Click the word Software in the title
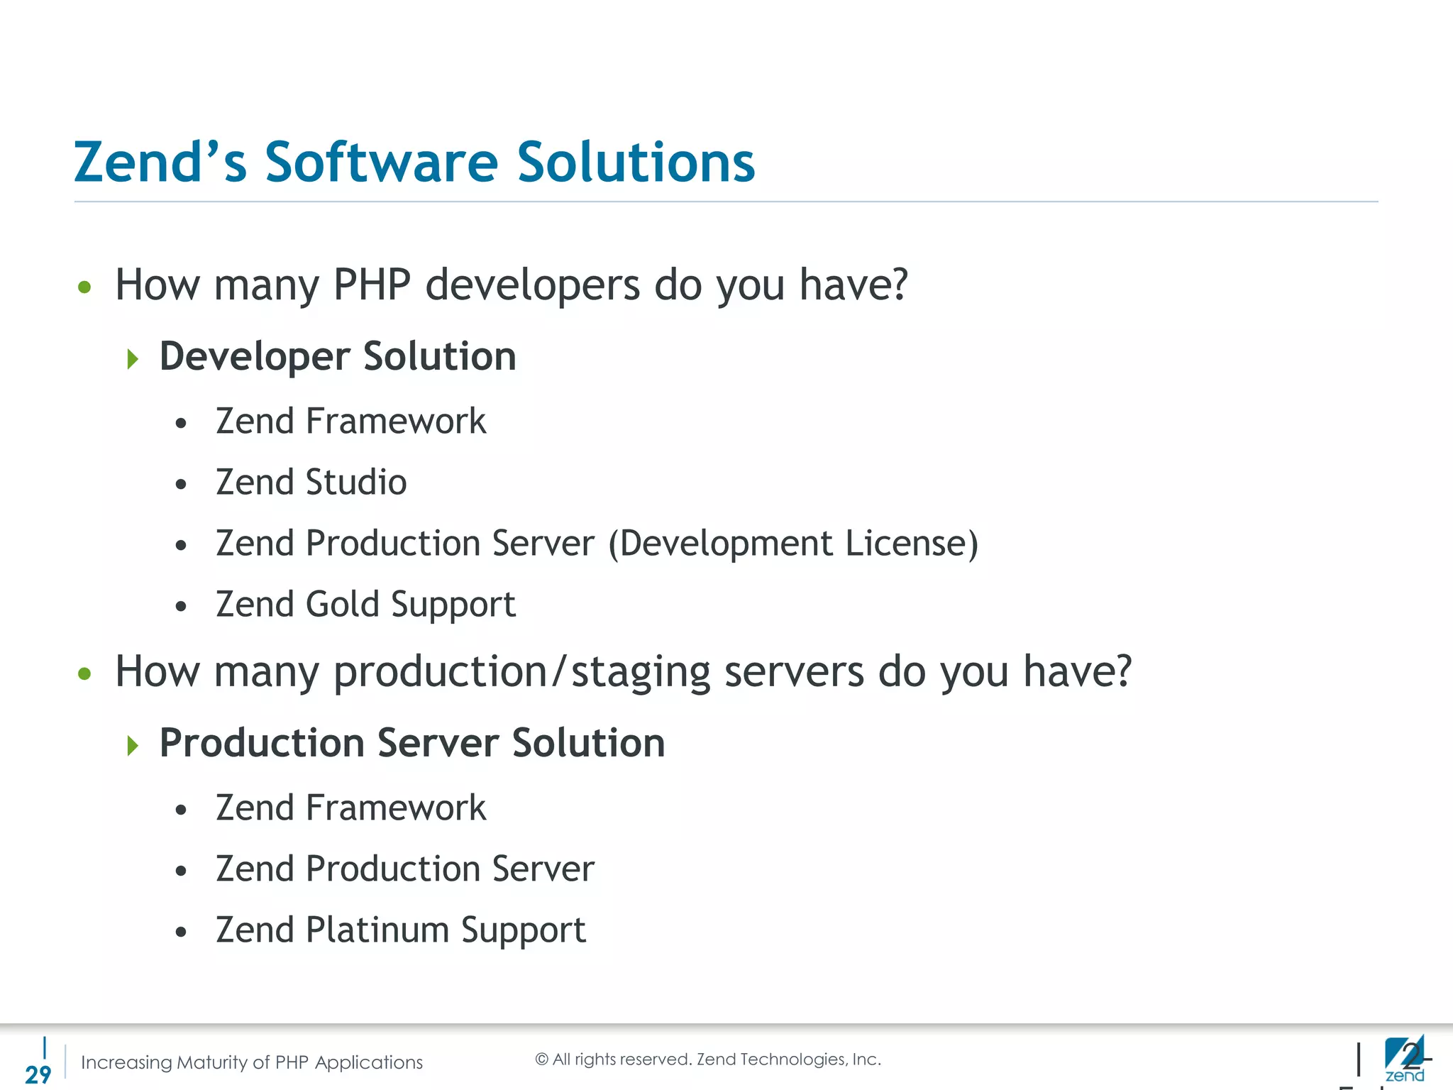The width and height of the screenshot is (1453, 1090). [382, 163]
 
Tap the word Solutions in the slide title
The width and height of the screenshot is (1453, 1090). [636, 163]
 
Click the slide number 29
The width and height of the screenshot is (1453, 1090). [38, 1074]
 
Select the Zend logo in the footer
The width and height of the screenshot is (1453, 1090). [1404, 1058]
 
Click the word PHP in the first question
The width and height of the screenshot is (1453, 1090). [372, 285]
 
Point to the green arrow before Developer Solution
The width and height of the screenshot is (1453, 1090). [133, 358]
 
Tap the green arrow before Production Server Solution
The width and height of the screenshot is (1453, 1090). [133, 745]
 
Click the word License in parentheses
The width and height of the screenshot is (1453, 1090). [911, 544]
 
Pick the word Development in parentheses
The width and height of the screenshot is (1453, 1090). [721, 544]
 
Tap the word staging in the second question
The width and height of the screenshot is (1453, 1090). [641, 672]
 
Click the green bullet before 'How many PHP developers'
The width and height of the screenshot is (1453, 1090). [85, 287]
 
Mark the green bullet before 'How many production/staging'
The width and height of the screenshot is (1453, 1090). [85, 673]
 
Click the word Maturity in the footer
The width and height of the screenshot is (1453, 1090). [211, 1062]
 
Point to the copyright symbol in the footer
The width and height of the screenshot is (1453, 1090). [542, 1059]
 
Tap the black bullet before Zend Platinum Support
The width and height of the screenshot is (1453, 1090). [182, 932]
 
